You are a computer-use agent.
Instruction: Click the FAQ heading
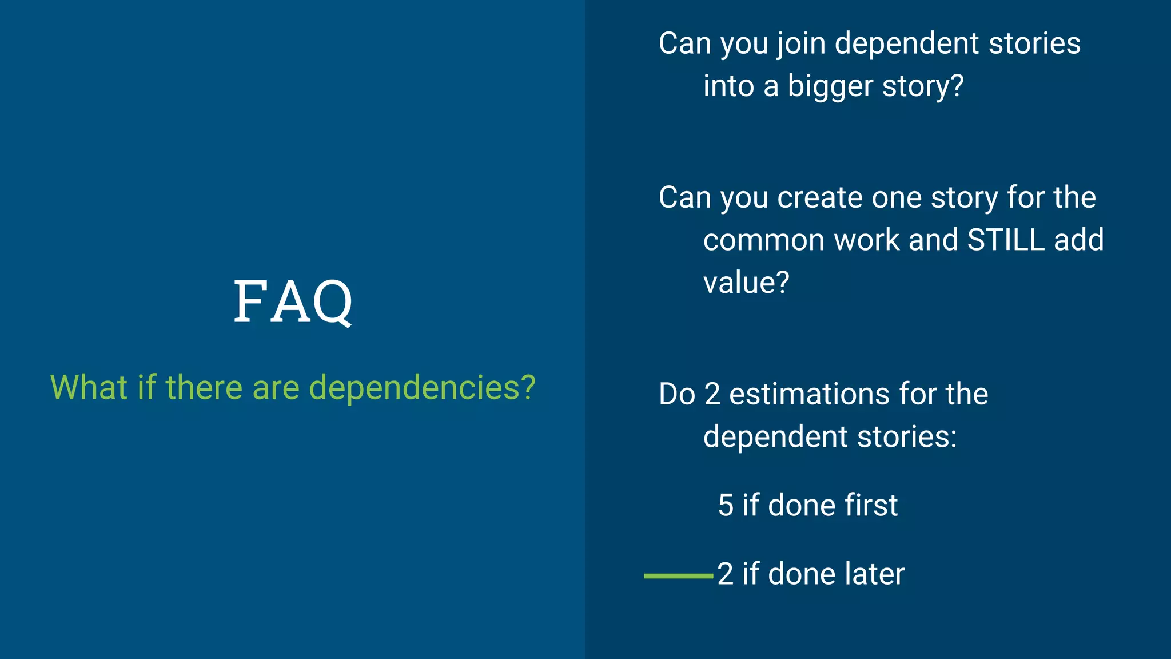click(x=293, y=301)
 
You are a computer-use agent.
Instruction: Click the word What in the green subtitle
click(x=89, y=387)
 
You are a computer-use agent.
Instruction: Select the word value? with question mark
click(x=746, y=283)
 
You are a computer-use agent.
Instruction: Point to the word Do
click(x=677, y=394)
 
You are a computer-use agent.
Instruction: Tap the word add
click(x=1078, y=240)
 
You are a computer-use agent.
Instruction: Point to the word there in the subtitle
click(x=204, y=387)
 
